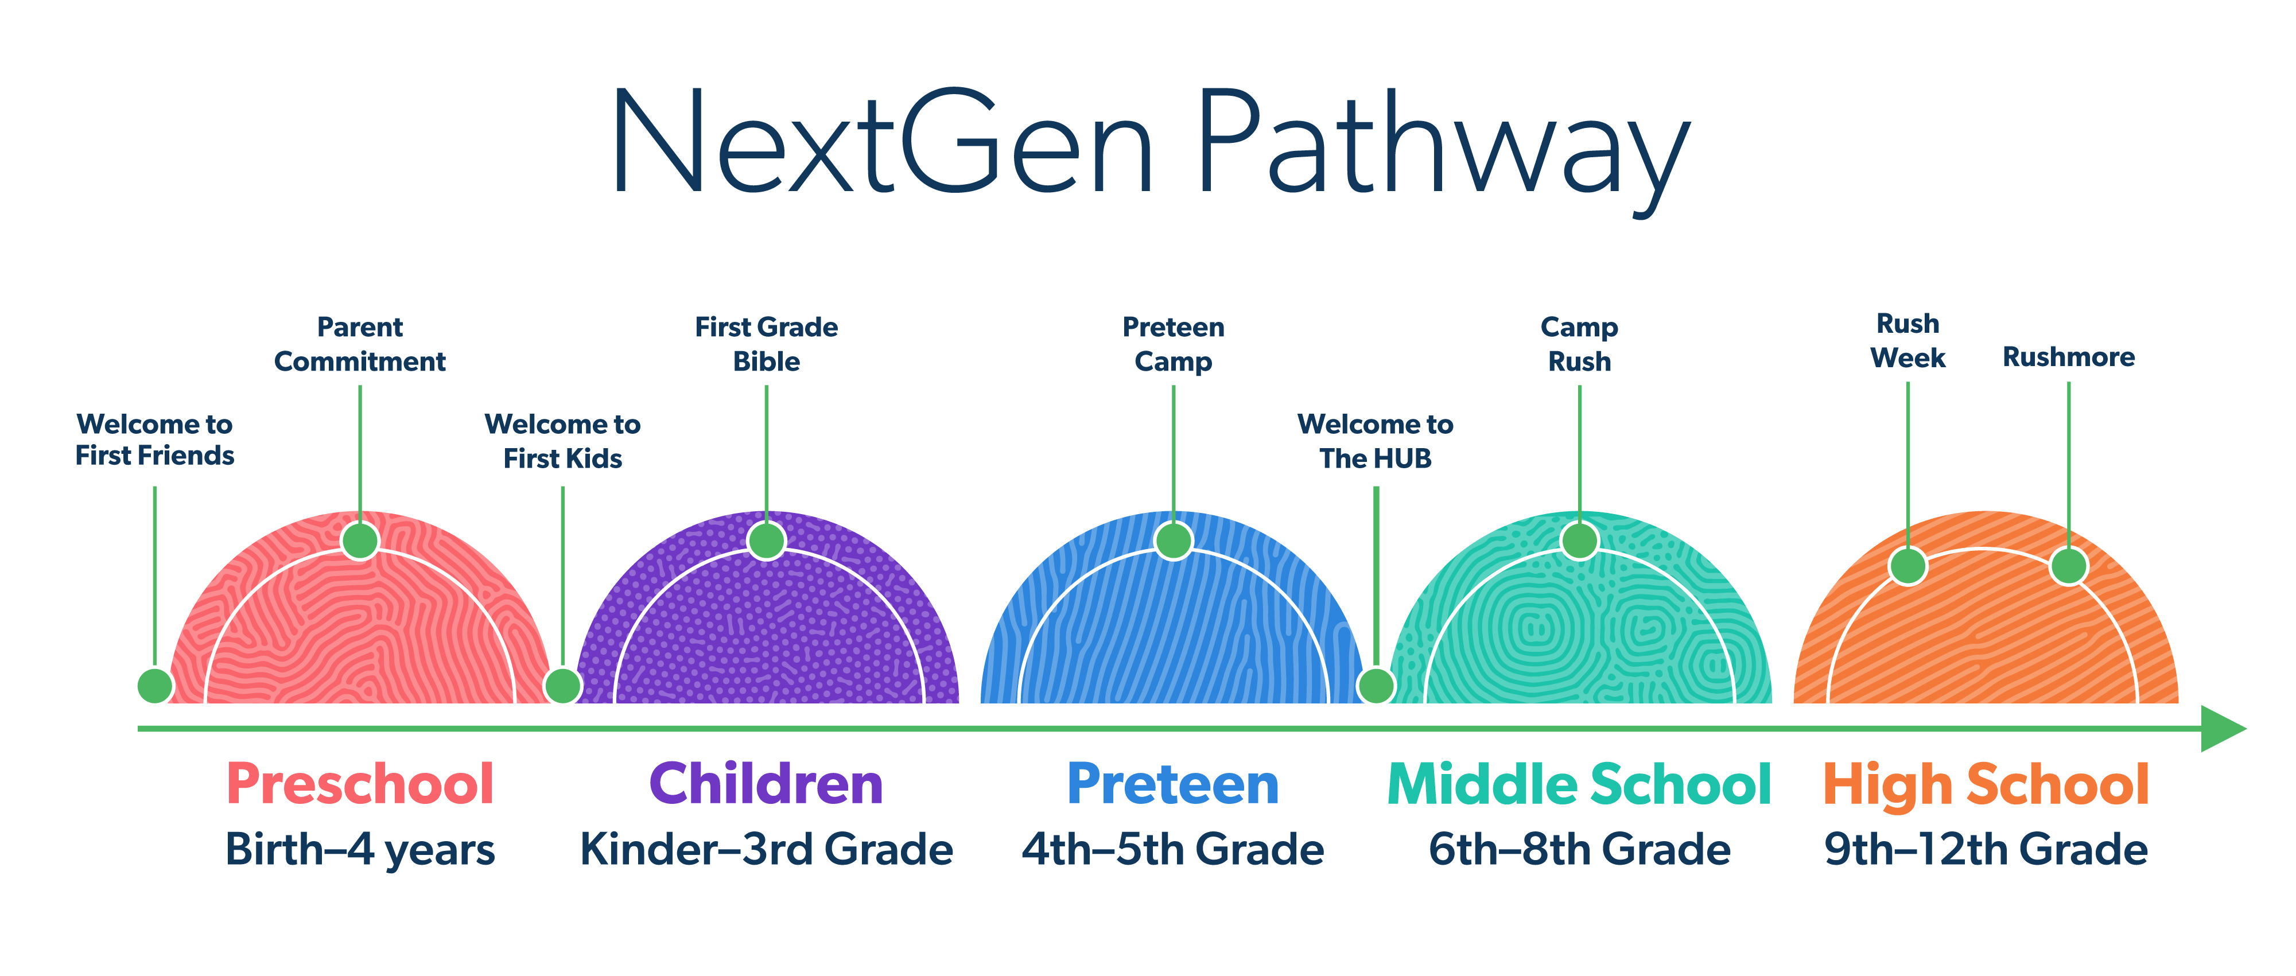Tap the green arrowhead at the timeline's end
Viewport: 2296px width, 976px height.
coord(2223,728)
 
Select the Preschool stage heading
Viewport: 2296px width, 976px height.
coord(360,784)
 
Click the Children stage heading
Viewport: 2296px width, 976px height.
coord(767,784)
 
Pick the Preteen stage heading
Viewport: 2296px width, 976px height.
coord(1173,784)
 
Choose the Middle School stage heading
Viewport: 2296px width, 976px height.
coord(1579,784)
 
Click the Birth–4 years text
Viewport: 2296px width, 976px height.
coord(360,849)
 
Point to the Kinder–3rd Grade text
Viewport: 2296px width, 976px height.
coord(767,849)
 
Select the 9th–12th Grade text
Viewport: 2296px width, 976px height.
coord(1986,849)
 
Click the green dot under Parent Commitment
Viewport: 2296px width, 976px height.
coord(360,540)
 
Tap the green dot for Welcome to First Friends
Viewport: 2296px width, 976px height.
coord(155,686)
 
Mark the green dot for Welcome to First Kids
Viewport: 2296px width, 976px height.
coord(562,686)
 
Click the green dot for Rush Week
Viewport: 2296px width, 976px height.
coord(1908,566)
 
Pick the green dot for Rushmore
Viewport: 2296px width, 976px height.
coord(2069,566)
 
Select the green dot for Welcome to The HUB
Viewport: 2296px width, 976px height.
coord(1376,686)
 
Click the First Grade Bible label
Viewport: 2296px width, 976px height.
coord(767,344)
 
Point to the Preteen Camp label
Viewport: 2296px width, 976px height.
coord(1173,344)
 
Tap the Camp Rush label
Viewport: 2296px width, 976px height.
coord(1579,344)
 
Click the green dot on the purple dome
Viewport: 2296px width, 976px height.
coord(767,540)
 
